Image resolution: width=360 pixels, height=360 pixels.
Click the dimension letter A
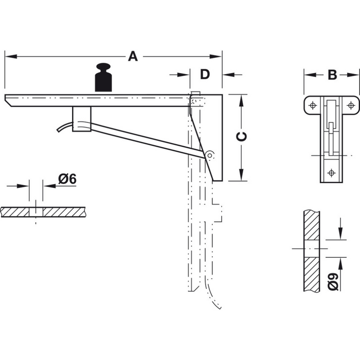point(133,57)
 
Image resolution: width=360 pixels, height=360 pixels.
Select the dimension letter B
point(332,75)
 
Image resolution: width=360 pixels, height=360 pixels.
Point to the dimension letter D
point(205,75)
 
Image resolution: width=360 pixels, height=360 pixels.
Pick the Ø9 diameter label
point(333,282)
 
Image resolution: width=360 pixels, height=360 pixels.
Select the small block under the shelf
point(81,119)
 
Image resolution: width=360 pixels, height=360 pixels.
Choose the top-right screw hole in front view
point(351,105)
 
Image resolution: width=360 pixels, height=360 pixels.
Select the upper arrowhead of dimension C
point(241,98)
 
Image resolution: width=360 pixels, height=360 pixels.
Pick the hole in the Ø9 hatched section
point(312,248)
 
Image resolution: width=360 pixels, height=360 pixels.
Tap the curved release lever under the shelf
point(64,127)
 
